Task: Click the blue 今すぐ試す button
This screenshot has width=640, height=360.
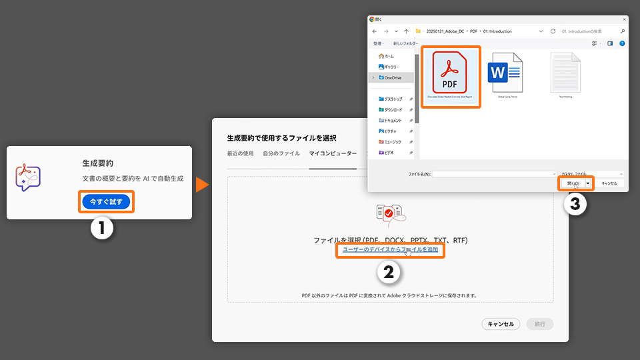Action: point(106,201)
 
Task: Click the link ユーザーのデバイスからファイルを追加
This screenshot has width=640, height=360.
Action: point(390,249)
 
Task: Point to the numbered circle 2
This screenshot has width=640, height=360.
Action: point(390,272)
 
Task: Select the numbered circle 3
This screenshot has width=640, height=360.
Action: point(575,205)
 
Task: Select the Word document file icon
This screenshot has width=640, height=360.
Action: point(505,73)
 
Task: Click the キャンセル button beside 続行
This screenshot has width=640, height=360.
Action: point(501,324)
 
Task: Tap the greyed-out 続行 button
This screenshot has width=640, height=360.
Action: point(540,324)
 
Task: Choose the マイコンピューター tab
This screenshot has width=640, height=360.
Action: point(333,153)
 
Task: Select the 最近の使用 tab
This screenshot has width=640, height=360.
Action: point(240,153)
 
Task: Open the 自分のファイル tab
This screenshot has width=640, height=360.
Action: point(281,153)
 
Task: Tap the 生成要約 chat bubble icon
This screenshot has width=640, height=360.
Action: point(28,179)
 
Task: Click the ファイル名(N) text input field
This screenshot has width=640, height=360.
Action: point(493,174)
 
